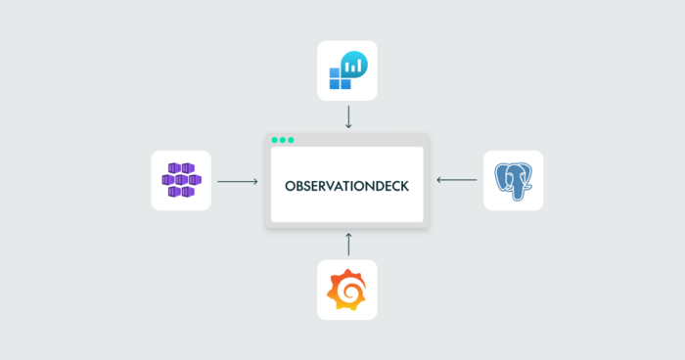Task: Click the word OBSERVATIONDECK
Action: (346, 186)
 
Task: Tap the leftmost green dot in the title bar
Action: (274, 140)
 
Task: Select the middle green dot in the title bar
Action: (283, 140)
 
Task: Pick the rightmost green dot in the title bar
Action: (291, 140)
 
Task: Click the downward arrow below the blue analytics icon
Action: (348, 117)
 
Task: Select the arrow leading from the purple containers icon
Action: (238, 181)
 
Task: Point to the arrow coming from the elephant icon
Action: (457, 180)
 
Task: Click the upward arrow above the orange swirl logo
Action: (348, 245)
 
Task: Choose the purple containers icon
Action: (181, 180)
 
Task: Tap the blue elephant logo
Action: (514, 181)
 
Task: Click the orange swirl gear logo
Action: (346, 290)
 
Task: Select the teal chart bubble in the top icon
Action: (354, 65)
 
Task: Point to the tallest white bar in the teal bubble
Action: (359, 66)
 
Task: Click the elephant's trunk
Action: (517, 191)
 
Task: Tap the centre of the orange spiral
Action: (348, 291)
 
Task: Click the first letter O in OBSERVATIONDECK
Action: (290, 186)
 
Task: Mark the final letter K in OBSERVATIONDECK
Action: (405, 186)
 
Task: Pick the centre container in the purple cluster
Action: (181, 180)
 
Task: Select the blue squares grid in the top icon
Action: (337, 78)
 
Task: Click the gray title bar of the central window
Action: (346, 140)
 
